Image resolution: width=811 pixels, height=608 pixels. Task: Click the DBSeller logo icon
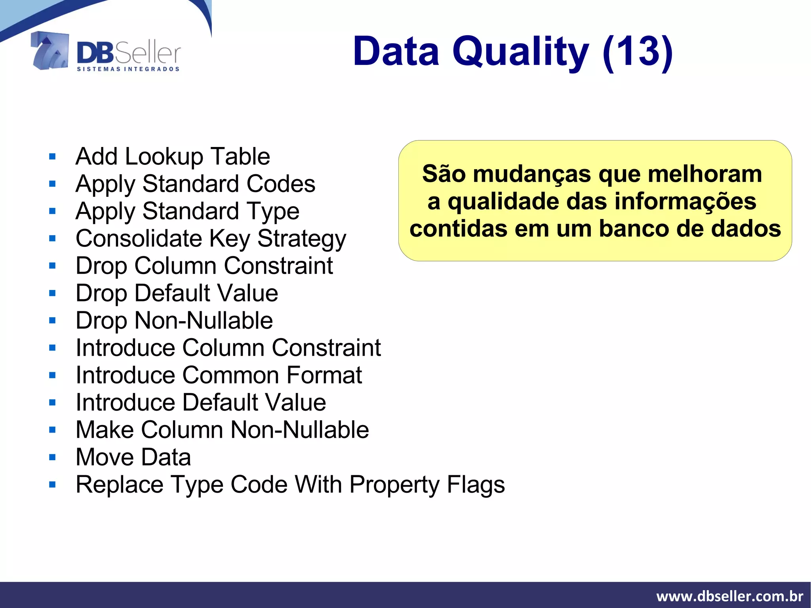click(x=50, y=51)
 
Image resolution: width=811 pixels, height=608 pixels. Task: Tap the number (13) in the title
click(x=638, y=51)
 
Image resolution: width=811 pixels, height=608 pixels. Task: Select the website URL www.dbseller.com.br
click(x=729, y=596)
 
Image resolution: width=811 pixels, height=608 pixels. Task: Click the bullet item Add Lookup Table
click(x=173, y=156)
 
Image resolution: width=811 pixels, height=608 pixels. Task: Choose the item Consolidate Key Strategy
click(x=211, y=239)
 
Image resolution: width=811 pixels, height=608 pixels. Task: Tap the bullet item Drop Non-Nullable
click(x=174, y=320)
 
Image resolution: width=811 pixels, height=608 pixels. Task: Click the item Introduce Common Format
click(x=219, y=375)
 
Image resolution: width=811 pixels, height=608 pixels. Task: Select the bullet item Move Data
click(x=133, y=457)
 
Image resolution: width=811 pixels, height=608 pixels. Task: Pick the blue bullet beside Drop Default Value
click(x=52, y=294)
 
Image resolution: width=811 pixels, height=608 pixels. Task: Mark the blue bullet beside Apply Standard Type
click(x=52, y=211)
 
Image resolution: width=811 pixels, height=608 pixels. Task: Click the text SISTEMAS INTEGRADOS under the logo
click(x=128, y=69)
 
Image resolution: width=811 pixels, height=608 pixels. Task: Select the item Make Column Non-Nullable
click(x=222, y=430)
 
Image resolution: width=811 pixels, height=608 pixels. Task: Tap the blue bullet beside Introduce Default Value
click(x=52, y=403)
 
